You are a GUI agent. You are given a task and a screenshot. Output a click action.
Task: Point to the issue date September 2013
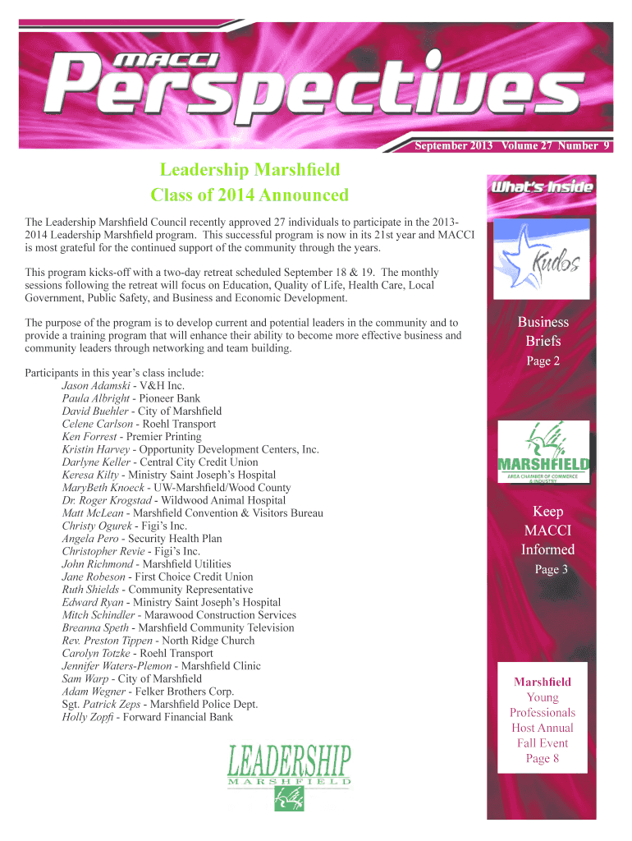453,146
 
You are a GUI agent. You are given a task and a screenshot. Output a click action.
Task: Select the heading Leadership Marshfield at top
250,170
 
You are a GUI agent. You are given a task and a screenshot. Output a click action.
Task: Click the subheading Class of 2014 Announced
250,195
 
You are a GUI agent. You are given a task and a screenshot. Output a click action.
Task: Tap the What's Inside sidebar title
542,187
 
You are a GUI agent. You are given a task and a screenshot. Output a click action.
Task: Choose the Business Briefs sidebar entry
543,331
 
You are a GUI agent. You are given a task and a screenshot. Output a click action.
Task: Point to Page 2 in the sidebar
543,361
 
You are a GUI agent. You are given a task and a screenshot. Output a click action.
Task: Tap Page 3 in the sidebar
552,569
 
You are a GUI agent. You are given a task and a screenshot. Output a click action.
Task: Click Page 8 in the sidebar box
543,758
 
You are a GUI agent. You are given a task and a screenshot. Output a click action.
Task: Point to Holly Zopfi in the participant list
88,717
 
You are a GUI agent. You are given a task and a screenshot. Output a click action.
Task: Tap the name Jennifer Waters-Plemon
116,666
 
